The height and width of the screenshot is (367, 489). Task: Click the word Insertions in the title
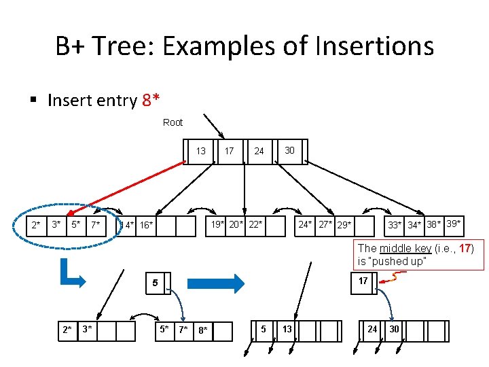pyautogui.click(x=368, y=46)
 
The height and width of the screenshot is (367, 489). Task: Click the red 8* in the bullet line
pyautogui.click(x=151, y=101)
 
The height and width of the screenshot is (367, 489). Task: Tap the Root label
pyautogui.click(x=173, y=122)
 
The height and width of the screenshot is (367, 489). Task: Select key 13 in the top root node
pyautogui.click(x=201, y=151)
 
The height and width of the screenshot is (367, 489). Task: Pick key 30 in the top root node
pyautogui.click(x=289, y=150)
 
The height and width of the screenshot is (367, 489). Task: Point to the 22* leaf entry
pyautogui.click(x=255, y=224)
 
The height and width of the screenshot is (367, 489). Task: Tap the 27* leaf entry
pyautogui.click(x=325, y=224)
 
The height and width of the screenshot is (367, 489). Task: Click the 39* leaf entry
pyautogui.click(x=454, y=224)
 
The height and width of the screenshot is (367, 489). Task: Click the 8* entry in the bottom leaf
pyautogui.click(x=202, y=331)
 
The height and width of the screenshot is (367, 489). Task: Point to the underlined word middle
pyautogui.click(x=393, y=249)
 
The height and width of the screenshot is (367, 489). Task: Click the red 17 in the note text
pyautogui.click(x=465, y=249)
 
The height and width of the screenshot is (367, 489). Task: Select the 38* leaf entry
pyautogui.click(x=435, y=224)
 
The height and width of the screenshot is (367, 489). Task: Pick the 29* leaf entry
pyautogui.click(x=344, y=224)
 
